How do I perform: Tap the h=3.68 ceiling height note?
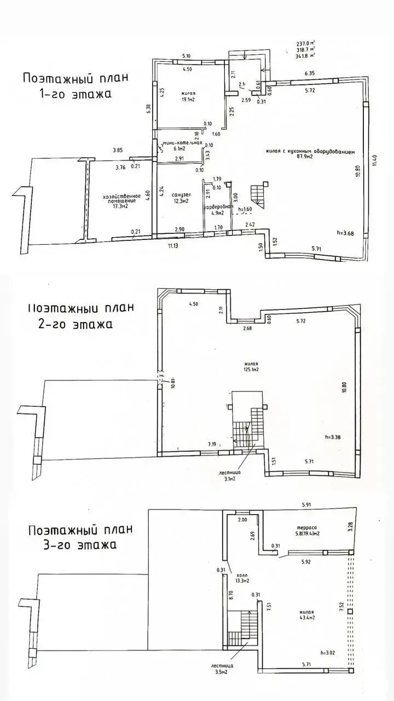(347, 233)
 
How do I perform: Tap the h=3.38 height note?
(334, 437)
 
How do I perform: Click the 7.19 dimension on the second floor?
(212, 444)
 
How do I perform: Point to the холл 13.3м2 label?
(241, 578)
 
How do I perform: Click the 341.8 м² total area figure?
(305, 55)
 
